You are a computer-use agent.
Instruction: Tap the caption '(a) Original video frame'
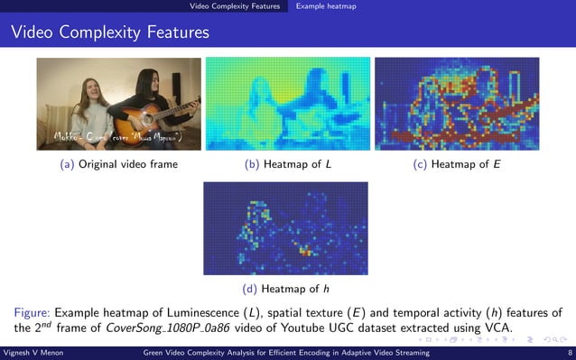118,164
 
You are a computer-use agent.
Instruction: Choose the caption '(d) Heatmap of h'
286,289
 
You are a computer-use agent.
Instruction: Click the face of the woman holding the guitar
151,80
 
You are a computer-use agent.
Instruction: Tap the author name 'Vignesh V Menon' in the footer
33,353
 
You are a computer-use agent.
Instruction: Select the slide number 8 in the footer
569,353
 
